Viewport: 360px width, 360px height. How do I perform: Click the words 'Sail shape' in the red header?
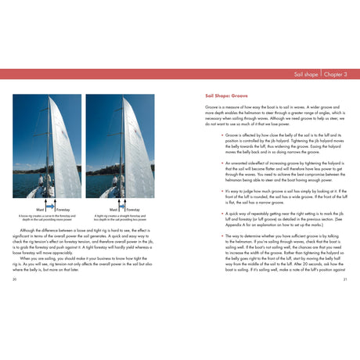(x=305, y=74)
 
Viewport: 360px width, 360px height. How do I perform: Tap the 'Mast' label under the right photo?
(x=113, y=209)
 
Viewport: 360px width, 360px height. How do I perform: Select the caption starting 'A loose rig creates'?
(x=45, y=218)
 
